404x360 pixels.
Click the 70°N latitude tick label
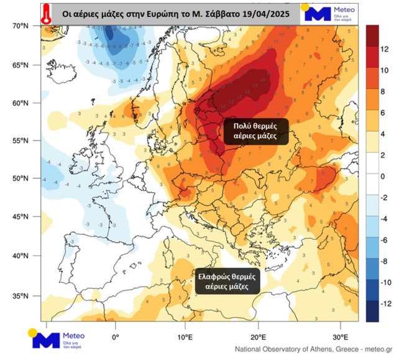point(21,26)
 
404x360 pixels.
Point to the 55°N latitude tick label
point(21,141)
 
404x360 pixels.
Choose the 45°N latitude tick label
point(21,216)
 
